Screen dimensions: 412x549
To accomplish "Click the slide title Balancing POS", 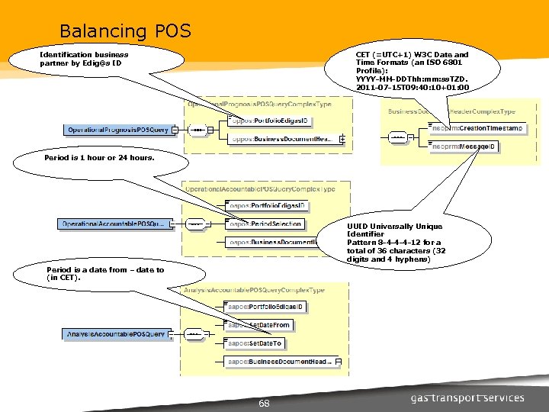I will pyautogui.click(x=125, y=31).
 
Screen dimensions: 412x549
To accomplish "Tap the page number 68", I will pyautogui.click(x=264, y=402).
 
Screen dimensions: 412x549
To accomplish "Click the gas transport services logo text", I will pyautogui.click(x=467, y=398).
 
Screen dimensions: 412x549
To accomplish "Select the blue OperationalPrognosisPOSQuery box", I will pyautogui.click(x=117, y=130).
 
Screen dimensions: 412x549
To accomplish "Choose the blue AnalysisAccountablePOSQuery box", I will pyautogui.click(x=114, y=334).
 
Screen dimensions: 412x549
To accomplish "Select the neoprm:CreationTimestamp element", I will pyautogui.click(x=477, y=128).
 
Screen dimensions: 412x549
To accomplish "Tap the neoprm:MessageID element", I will pyautogui.click(x=464, y=146).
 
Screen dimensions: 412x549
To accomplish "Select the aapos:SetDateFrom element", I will pyautogui.click(x=259, y=325).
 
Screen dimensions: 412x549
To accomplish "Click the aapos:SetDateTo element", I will pyautogui.click(x=255, y=343).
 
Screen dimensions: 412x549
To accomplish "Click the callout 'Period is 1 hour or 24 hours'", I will pyautogui.click(x=99, y=158).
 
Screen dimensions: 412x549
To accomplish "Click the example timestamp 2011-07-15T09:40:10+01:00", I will pyautogui.click(x=412, y=88).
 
